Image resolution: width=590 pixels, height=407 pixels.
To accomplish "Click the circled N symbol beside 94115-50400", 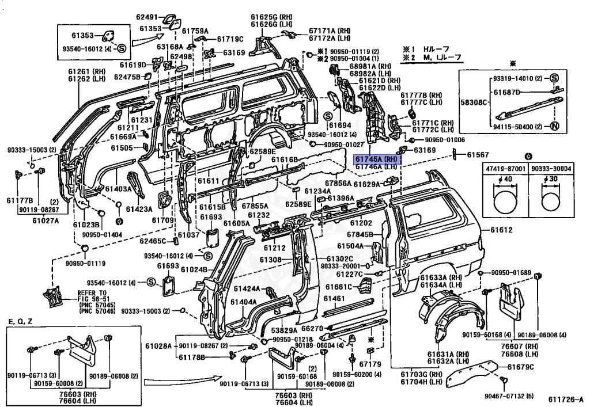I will coord(554,127).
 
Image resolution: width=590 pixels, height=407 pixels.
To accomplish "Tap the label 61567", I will coord(478,155).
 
